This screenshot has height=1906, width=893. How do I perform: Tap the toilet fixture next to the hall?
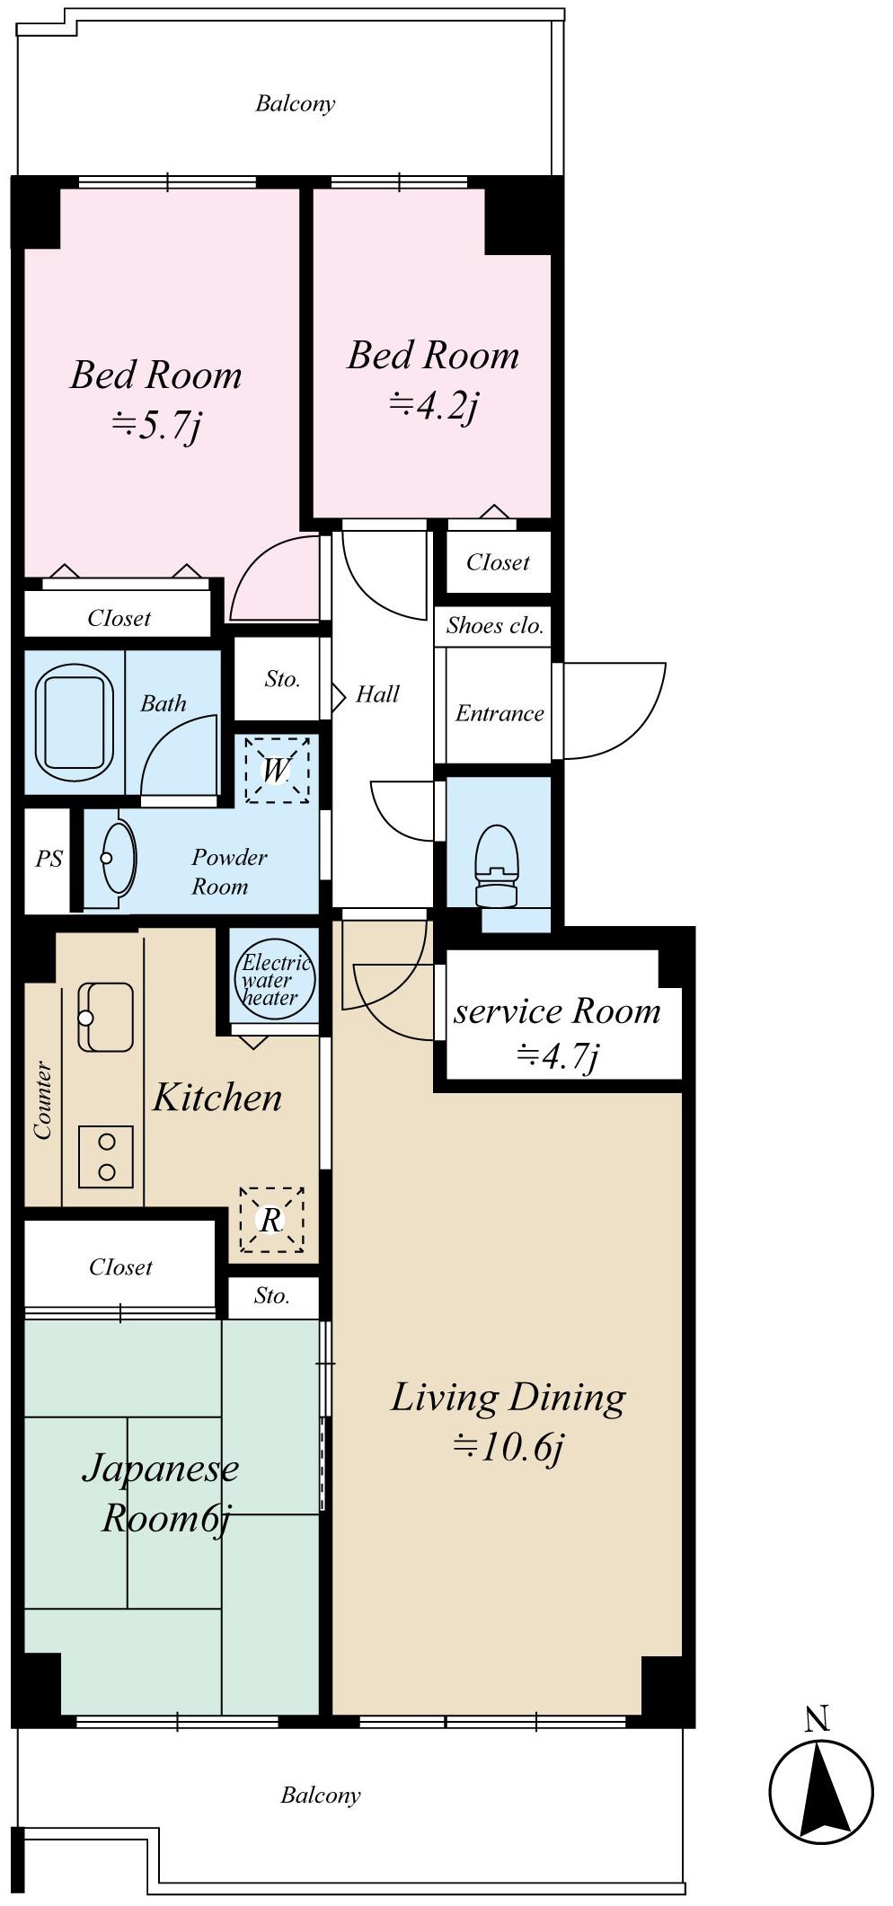496,867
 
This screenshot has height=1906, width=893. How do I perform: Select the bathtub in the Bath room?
74,722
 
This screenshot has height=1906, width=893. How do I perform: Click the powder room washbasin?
118,857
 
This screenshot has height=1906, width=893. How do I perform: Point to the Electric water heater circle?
275,981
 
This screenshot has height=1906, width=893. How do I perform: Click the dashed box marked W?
277,770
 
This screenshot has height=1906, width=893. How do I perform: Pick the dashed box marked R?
271,1220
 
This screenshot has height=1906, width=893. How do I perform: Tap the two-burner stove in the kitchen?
106,1157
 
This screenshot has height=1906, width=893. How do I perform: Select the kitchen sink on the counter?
106,1017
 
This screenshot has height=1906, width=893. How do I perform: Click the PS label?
49,859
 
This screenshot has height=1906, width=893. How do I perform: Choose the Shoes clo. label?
495,625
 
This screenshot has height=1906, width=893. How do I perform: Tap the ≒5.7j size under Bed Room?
156,424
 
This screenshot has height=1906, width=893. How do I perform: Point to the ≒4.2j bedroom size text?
433,406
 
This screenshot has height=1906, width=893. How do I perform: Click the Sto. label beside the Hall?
282,679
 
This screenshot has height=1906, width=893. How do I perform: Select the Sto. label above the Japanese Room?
271,1295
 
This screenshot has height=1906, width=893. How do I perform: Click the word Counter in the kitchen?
42,1100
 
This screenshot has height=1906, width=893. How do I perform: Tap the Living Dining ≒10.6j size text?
509,1446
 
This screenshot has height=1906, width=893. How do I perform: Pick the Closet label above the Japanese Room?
120,1266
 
